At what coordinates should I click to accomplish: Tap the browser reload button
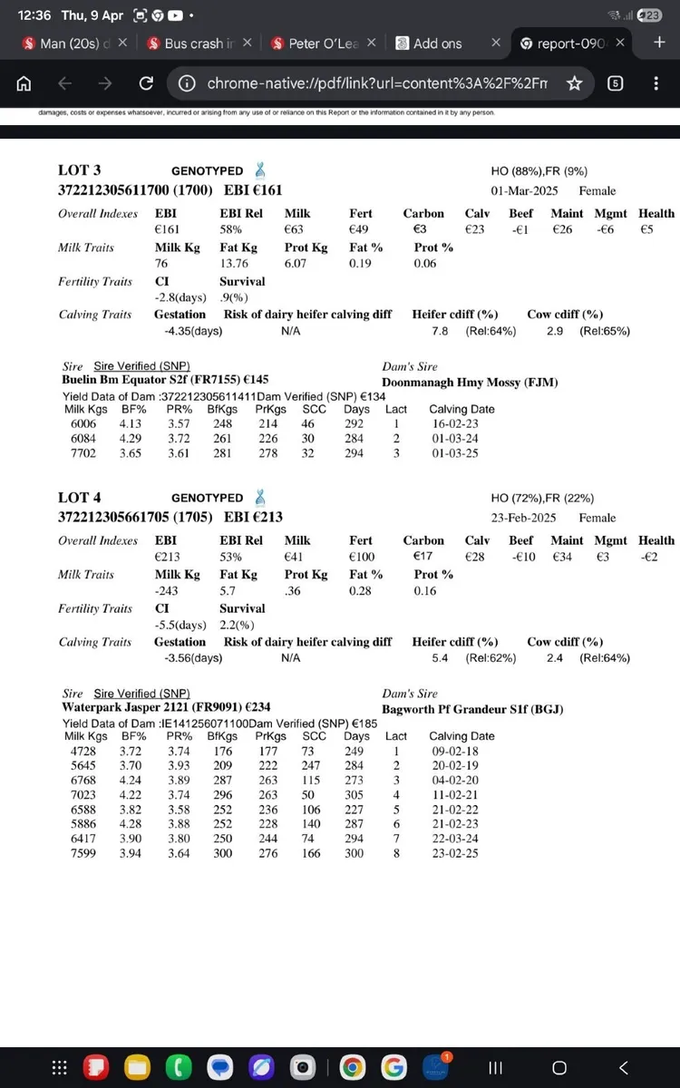(x=145, y=83)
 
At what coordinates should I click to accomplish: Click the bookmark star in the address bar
(x=574, y=83)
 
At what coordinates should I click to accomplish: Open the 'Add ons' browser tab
(x=437, y=44)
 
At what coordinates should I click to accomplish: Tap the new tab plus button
(x=659, y=43)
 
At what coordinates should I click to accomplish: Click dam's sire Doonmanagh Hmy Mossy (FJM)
(x=469, y=383)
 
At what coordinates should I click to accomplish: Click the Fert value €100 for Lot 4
(x=362, y=557)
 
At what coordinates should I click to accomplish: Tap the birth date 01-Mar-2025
(x=524, y=191)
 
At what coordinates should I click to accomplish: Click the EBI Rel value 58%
(x=232, y=229)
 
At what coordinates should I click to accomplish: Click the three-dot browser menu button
(x=656, y=83)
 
